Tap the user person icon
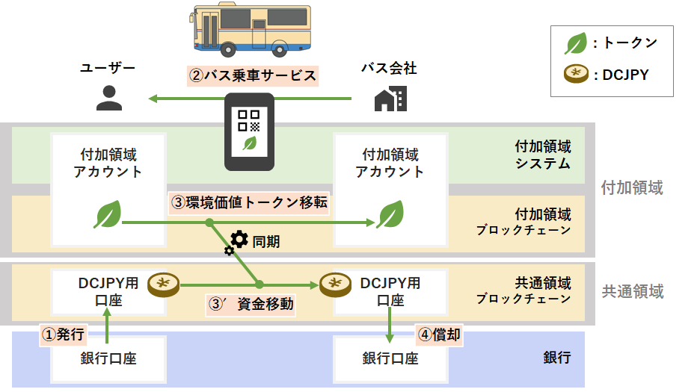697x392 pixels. (x=109, y=98)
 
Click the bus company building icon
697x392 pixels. (x=390, y=99)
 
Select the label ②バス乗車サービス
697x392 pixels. (x=252, y=75)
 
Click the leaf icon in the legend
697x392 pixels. (x=575, y=44)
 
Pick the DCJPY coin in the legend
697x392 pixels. (x=575, y=75)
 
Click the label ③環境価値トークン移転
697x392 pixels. (x=250, y=202)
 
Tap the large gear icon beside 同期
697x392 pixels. (x=239, y=239)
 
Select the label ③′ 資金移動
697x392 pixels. (x=251, y=304)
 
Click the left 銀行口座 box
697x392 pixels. (x=108, y=358)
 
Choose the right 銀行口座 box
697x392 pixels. (x=390, y=358)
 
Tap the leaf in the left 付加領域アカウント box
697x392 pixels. (x=107, y=215)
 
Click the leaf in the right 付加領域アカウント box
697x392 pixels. (x=390, y=215)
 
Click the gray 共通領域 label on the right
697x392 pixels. (x=633, y=291)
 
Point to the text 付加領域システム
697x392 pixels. (x=543, y=155)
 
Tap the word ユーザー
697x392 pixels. (x=108, y=69)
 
